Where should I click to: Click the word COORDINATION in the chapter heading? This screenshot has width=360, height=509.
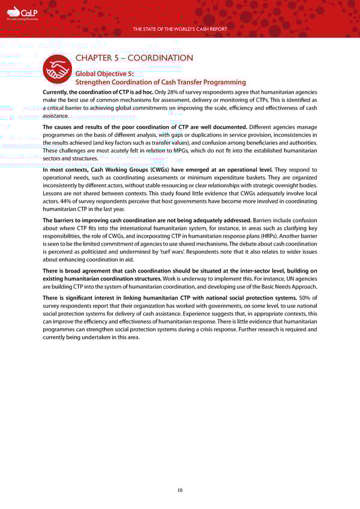click(x=159, y=58)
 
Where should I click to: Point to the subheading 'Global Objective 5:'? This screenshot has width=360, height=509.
click(x=106, y=73)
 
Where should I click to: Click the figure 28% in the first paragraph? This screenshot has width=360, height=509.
click(x=171, y=92)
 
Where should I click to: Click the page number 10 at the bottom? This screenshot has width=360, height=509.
click(x=180, y=490)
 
